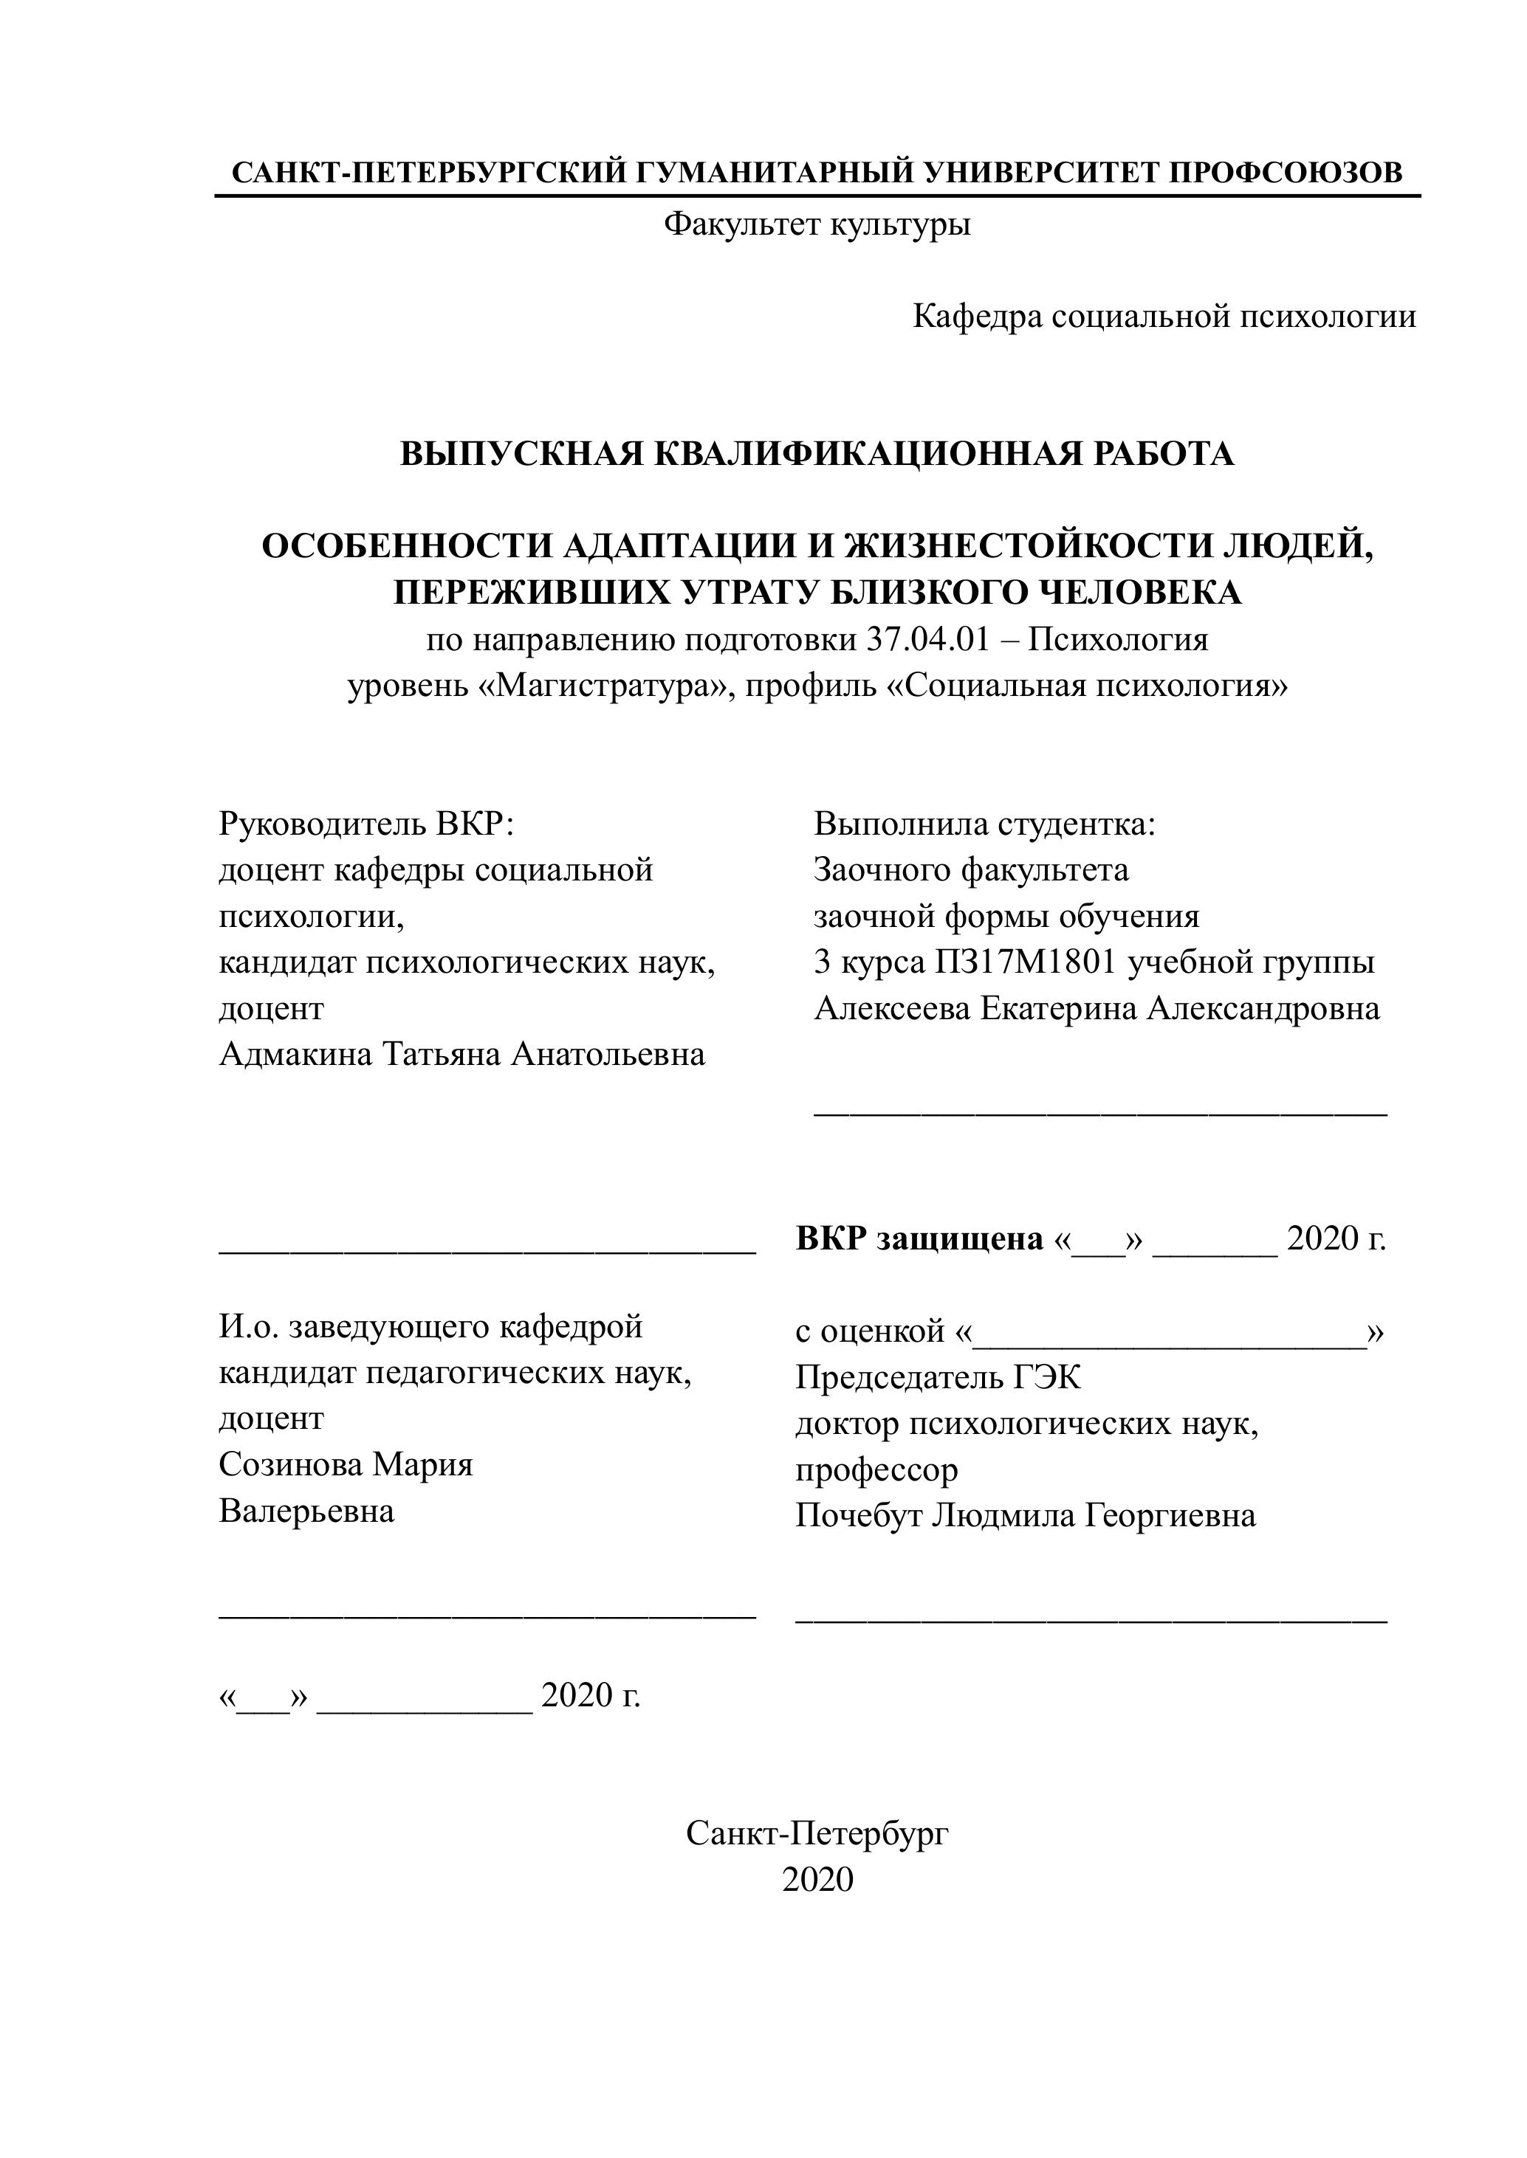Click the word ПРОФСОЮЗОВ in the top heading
(1286, 172)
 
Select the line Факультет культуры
(817, 224)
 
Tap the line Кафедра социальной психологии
(1164, 317)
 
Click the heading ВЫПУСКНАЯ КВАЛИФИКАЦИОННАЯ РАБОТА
(817, 454)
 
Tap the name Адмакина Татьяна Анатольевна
(461, 1055)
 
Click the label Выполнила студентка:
(984, 824)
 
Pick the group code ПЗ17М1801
(1026, 962)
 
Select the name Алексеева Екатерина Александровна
(1097, 1008)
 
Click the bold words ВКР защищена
(919, 1238)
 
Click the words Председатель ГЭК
(938, 1378)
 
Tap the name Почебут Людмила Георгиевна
(1025, 1516)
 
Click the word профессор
(876, 1470)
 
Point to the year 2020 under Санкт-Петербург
(817, 1880)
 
